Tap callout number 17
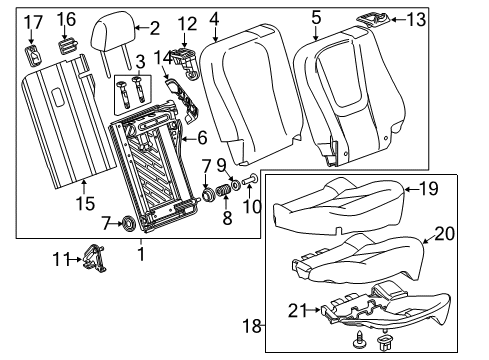click(x=33, y=22)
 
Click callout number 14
click(x=160, y=86)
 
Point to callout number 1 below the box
click(x=140, y=254)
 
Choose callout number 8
click(x=226, y=189)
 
